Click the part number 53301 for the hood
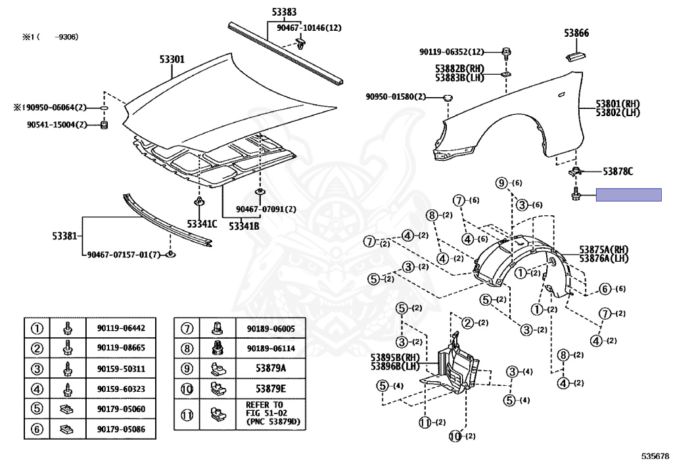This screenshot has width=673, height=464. click(172, 59)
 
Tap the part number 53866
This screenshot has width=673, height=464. click(576, 33)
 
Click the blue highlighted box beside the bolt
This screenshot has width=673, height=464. click(628, 194)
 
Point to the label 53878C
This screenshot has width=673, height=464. click(618, 172)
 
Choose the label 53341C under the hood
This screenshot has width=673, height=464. click(201, 224)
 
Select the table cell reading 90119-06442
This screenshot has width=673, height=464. click(121, 328)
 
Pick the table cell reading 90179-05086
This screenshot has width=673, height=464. click(121, 431)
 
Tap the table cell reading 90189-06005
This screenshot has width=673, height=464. click(271, 328)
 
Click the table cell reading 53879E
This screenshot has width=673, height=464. click(271, 389)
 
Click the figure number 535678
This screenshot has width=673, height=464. click(655, 455)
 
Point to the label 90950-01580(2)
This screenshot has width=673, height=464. click(396, 97)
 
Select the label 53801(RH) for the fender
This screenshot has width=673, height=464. click(618, 104)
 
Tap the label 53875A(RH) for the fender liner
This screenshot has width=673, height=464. click(604, 250)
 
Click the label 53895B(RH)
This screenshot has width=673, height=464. click(395, 357)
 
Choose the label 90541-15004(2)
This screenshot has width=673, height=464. click(57, 125)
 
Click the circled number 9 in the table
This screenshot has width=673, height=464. click(187, 369)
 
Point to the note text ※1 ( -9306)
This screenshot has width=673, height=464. click(50, 37)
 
